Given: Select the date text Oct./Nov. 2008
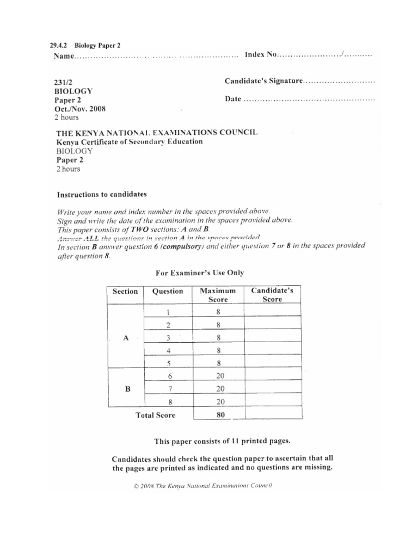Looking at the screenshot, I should (80, 108).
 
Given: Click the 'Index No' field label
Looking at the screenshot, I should (261, 55).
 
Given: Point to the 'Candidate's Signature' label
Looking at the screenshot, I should (263, 81).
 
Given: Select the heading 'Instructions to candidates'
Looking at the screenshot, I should (102, 194).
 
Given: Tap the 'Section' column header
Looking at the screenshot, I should (125, 292).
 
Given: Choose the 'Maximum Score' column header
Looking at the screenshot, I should (218, 295).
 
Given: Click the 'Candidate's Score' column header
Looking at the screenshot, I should (272, 295).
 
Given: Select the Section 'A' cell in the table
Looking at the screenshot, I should (126, 338).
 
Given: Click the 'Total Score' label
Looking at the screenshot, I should (155, 416).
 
